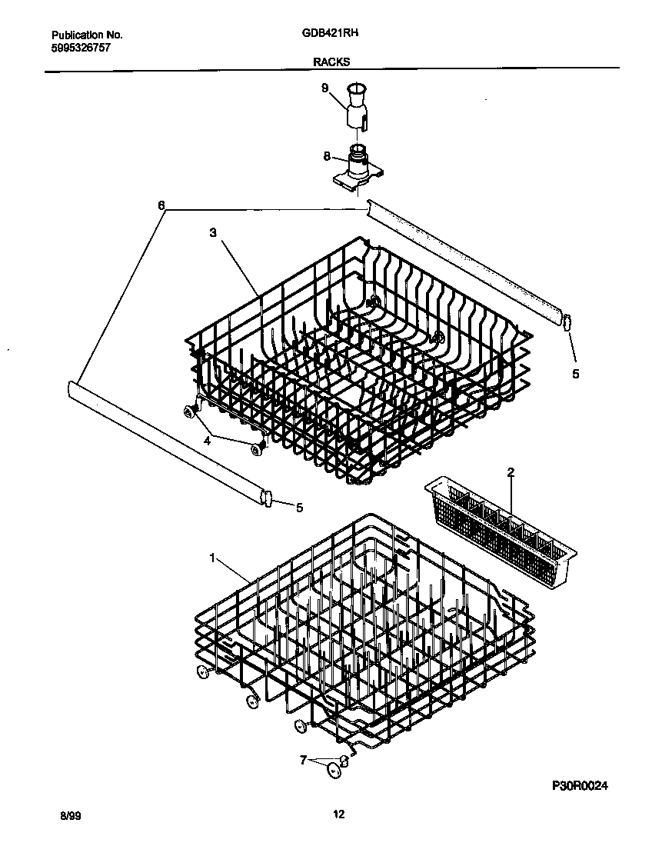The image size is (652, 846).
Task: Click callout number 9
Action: pos(324,89)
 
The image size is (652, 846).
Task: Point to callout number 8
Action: pos(326,156)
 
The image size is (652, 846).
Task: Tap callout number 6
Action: pos(161,206)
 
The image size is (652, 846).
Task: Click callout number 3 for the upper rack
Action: pos(212,231)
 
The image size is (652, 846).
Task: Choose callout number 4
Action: pos(206,441)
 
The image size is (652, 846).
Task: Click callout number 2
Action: pos(511,471)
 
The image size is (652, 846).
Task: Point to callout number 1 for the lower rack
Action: pos(212,558)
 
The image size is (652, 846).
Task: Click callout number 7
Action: pos(303,760)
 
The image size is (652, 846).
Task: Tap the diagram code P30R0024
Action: pos(584,786)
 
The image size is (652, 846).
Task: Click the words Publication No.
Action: pos(87,35)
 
